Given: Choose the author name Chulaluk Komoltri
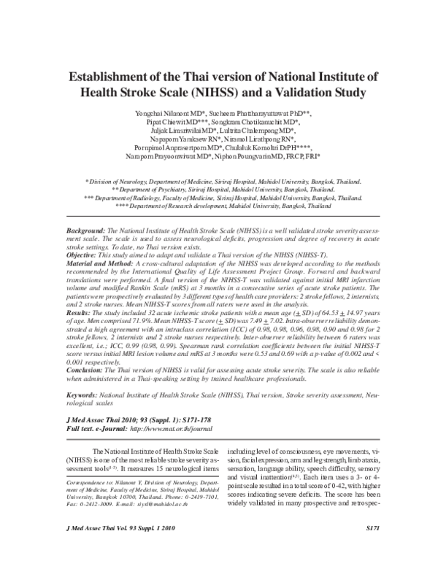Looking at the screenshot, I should click(x=256, y=147).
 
